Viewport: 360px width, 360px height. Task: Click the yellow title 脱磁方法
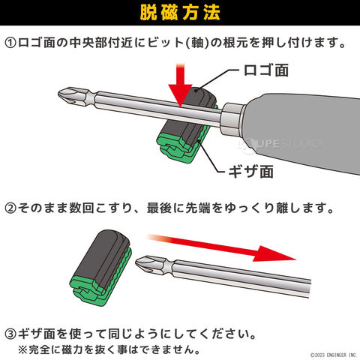[180, 13]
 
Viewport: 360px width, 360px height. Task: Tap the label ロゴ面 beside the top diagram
[266, 70]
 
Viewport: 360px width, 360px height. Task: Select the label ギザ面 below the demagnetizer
[250, 172]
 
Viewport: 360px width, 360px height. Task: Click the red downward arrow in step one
[180, 85]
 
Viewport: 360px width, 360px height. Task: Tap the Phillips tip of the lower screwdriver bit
[145, 263]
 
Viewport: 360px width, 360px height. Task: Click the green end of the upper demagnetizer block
[175, 148]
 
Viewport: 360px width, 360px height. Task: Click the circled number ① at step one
[10, 43]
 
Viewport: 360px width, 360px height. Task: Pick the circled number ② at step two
[10, 208]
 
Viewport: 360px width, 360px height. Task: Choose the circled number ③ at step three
[10, 334]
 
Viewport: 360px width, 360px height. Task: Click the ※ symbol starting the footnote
[23, 349]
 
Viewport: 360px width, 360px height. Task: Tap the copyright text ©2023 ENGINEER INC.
[334, 355]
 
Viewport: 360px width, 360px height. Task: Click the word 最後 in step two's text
[159, 208]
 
